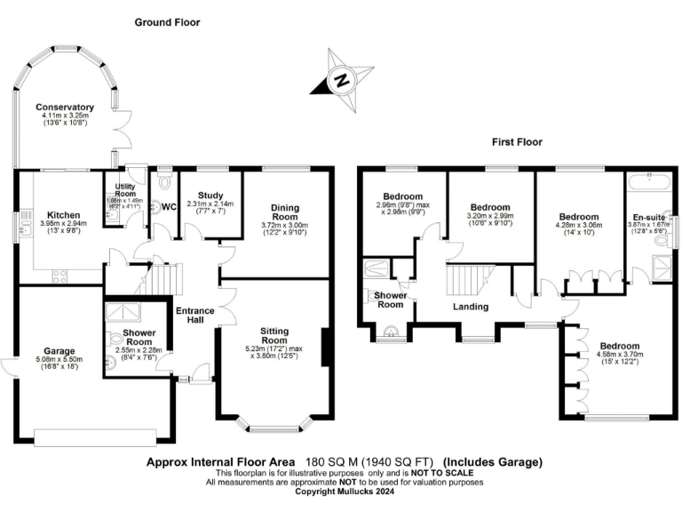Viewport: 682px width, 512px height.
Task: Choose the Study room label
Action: [x=210, y=196]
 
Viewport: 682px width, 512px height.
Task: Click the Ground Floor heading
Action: [x=167, y=22]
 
